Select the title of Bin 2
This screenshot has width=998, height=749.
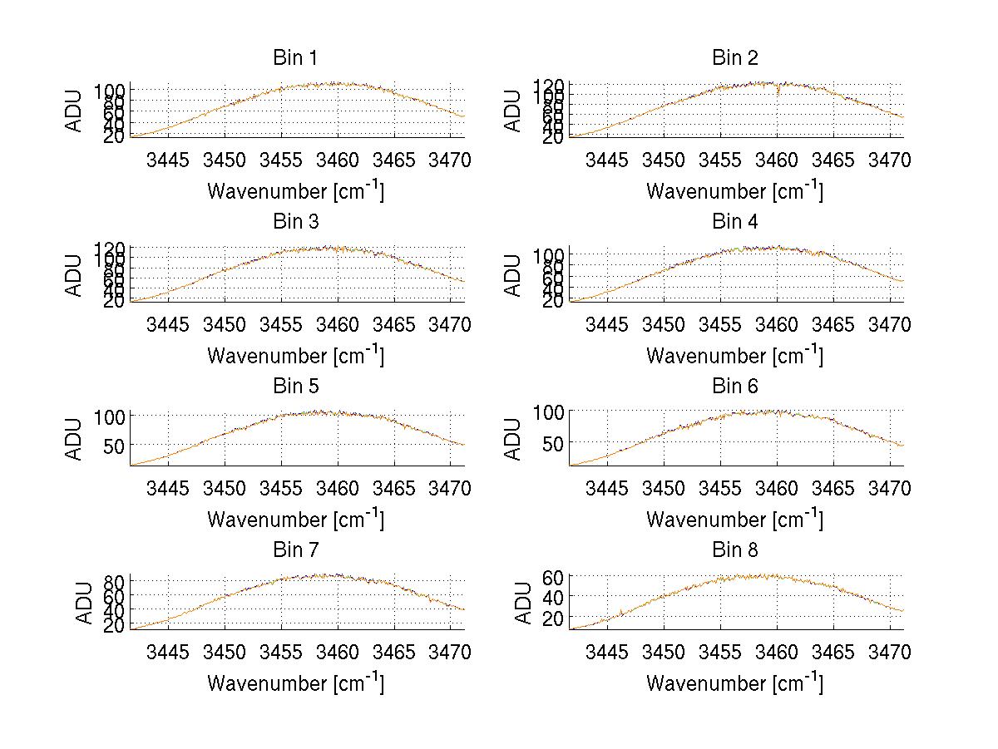pos(734,58)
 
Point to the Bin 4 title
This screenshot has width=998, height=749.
pos(734,222)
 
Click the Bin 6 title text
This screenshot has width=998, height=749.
pos(734,387)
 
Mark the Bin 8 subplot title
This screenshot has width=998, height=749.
pos(734,550)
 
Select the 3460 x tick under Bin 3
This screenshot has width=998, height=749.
pos(338,323)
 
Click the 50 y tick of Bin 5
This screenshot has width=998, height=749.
pos(115,445)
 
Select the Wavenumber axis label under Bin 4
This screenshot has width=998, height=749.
pos(734,355)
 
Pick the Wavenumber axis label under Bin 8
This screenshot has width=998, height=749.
pos(734,683)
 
